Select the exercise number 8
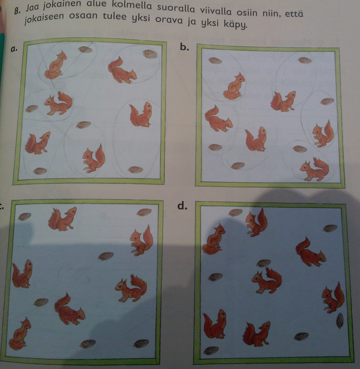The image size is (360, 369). tap(17, 10)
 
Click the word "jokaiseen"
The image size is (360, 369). tap(44, 17)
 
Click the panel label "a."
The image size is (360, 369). tap(14, 48)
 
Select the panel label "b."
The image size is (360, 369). tap(185, 47)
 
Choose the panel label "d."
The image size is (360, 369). tap(182, 206)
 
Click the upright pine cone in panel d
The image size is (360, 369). tap(339, 321)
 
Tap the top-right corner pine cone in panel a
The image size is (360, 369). tap(150, 54)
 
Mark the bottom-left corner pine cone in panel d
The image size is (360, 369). tap(211, 351)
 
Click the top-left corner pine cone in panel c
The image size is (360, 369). tap(24, 216)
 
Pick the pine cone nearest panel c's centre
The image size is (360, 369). tap(106, 256)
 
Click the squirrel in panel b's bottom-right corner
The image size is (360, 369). tap(315, 169)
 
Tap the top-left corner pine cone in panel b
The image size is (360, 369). tap(215, 60)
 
